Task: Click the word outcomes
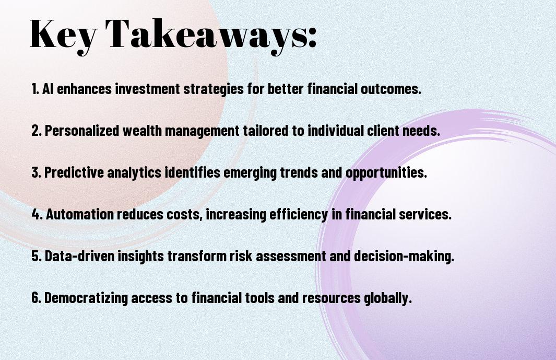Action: [391, 89]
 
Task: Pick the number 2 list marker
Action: [36, 131]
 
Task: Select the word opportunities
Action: [386, 173]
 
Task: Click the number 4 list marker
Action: [37, 214]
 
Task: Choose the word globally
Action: [388, 298]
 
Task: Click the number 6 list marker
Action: [36, 297]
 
